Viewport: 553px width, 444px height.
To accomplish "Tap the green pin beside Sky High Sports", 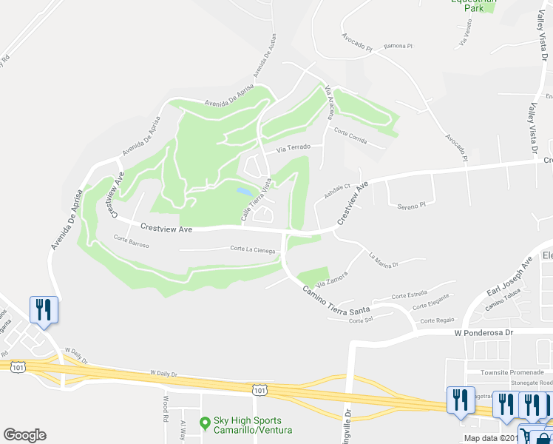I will click(205, 423).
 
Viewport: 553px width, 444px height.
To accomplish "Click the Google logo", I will click(24, 435).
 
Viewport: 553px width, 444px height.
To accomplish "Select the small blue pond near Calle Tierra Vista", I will click(243, 191).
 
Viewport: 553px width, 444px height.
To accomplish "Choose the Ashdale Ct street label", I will click(336, 192).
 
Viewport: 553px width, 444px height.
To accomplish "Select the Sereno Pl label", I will click(412, 206).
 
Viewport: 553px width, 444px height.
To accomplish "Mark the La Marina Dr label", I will click(384, 260).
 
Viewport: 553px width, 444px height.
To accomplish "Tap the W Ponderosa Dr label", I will click(483, 333).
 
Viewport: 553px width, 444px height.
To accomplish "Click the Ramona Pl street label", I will click(398, 46).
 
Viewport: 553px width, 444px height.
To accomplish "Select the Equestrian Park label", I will click(474, 2).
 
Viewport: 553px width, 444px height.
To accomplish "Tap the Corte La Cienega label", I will click(252, 249).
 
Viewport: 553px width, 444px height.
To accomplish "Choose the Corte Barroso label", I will click(132, 243).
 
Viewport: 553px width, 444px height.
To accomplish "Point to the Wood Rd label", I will click(165, 404).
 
